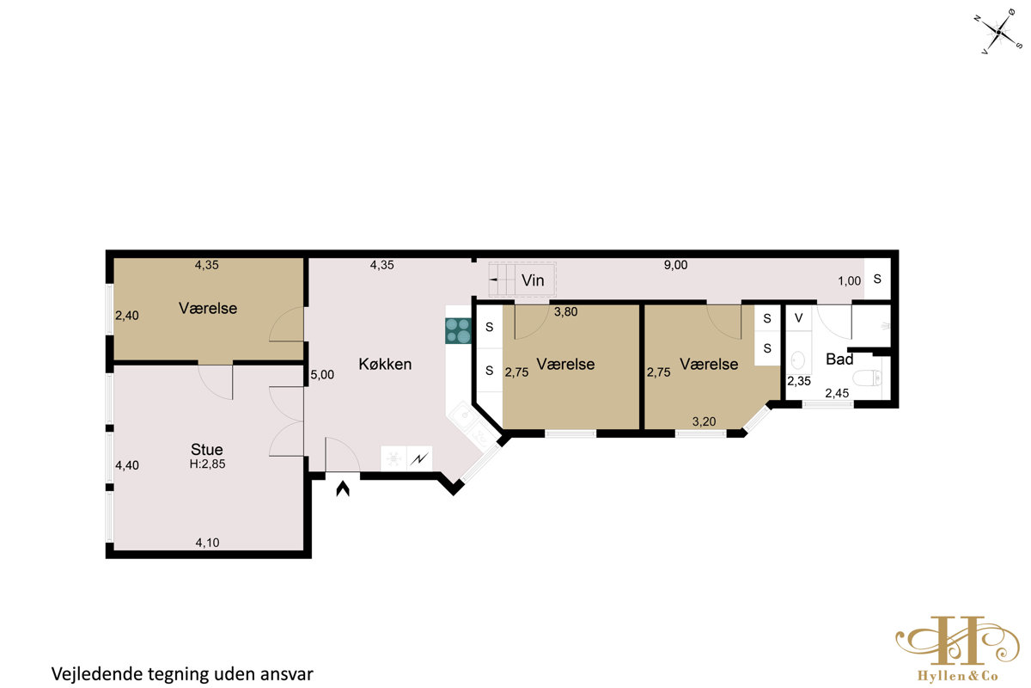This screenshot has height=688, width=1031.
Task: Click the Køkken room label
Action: point(385,364)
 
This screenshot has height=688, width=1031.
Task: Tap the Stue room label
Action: point(207,449)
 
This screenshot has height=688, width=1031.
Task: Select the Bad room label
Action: point(839,359)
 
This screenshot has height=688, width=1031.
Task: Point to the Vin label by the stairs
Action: point(533,280)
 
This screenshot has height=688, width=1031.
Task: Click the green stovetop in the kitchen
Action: point(459,331)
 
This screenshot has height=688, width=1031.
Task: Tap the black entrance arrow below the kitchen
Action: point(343,489)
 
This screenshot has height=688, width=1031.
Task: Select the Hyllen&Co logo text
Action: point(957,677)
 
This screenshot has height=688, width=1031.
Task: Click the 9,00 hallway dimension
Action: point(675,265)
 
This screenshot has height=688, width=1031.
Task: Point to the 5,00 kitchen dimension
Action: point(322,375)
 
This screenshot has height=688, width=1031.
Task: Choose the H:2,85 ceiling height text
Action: point(208,464)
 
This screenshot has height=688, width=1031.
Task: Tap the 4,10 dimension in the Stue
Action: point(208,543)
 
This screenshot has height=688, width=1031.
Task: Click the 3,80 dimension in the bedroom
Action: point(565,312)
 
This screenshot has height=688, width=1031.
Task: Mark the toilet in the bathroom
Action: point(867,378)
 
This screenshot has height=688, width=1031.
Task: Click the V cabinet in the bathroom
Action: point(798,317)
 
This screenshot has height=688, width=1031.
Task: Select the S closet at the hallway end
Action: point(877,279)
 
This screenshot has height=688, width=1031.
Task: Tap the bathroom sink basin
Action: point(797,359)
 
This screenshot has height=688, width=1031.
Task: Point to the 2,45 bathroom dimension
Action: point(837,393)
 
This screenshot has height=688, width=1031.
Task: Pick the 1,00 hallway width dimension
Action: point(849,281)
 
